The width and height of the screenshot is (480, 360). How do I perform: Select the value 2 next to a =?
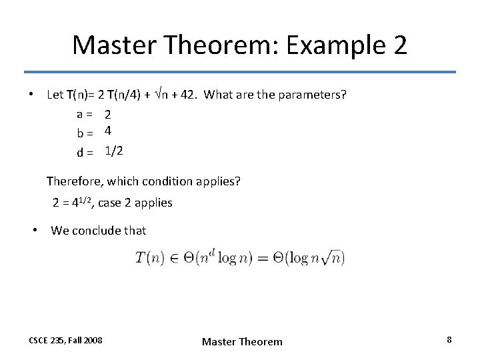click(x=107, y=115)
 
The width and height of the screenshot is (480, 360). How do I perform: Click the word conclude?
click(x=96, y=231)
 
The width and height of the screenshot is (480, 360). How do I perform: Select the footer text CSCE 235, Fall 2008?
click(x=65, y=340)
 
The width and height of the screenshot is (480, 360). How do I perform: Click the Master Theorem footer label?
click(x=242, y=341)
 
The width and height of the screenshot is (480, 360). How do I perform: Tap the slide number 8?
click(x=449, y=340)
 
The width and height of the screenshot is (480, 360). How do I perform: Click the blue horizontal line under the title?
click(x=240, y=72)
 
